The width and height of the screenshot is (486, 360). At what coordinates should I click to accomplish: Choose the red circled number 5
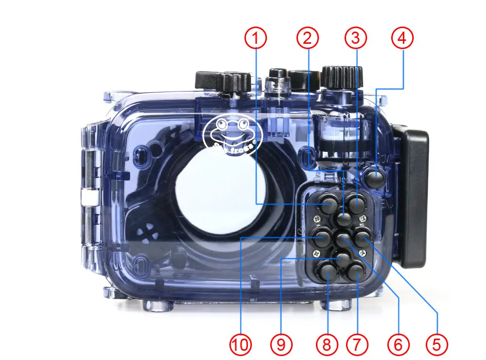pos(436,344)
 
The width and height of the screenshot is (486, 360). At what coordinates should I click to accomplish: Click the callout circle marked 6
pos(398,344)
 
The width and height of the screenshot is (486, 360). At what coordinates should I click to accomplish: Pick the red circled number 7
pos(357,344)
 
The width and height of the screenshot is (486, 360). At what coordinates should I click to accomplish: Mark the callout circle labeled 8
pos(326,344)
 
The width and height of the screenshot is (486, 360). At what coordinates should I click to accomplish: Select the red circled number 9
pos(281,344)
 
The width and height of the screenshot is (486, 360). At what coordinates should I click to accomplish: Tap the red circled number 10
pos(242,344)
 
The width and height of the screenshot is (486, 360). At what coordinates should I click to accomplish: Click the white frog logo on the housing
pos(233,134)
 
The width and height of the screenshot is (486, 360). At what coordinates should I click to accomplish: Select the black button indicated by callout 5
pos(362,236)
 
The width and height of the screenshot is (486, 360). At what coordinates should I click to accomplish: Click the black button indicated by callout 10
pos(321,237)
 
